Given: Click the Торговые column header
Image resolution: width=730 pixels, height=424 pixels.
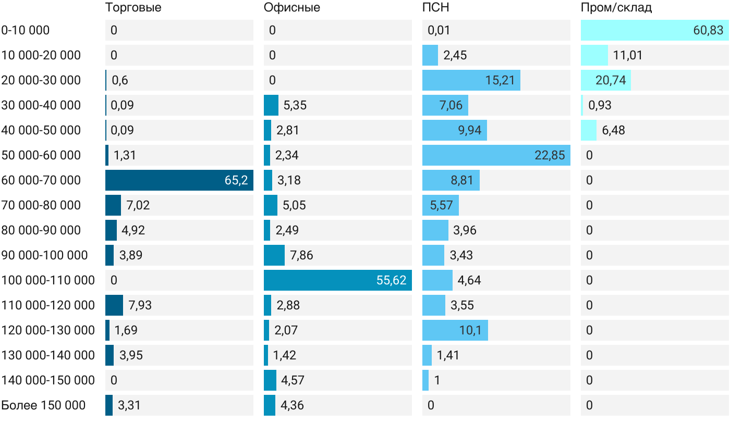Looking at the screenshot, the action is (133, 8).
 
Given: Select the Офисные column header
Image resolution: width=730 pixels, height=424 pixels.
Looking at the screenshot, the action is (291, 8).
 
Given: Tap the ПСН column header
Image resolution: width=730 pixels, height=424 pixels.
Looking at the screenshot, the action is (436, 7).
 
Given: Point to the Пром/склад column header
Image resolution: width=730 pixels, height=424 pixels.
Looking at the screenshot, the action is (616, 8).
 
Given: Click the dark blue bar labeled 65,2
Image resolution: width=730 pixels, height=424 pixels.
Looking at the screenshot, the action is (179, 180).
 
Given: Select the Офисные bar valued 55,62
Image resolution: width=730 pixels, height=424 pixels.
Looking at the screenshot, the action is (338, 280).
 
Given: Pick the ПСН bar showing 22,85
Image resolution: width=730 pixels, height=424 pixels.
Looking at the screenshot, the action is (496, 155).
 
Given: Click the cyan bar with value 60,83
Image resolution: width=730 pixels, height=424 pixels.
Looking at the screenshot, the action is (655, 30).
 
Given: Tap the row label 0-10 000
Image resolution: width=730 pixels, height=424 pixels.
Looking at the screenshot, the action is (26, 30).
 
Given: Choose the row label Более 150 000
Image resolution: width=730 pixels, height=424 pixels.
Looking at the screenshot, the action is (43, 405).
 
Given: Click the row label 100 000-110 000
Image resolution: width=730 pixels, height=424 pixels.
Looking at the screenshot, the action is (48, 280).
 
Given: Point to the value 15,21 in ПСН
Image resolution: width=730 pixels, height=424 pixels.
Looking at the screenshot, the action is (500, 80).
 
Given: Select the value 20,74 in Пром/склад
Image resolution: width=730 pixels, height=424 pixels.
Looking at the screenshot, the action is (611, 80).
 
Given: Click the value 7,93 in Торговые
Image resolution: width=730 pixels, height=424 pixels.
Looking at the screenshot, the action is (140, 305).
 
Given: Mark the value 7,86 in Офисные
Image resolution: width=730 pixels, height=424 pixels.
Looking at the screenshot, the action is (301, 255).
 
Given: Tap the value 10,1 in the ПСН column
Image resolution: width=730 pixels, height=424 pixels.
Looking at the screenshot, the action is (470, 330).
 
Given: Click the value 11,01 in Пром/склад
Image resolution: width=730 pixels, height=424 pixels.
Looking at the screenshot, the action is (628, 55).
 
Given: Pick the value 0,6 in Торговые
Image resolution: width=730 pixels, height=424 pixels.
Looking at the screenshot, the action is (120, 80).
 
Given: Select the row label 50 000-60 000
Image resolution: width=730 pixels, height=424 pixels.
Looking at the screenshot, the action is (41, 155).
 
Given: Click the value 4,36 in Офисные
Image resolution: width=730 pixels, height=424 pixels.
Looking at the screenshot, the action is (292, 405).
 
